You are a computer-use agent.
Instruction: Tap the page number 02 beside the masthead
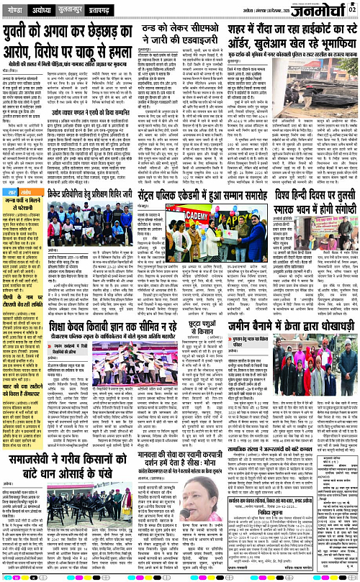pos(354,6)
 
